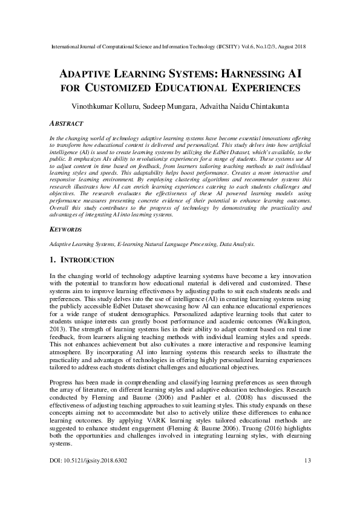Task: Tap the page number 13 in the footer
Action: coord(307,494)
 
